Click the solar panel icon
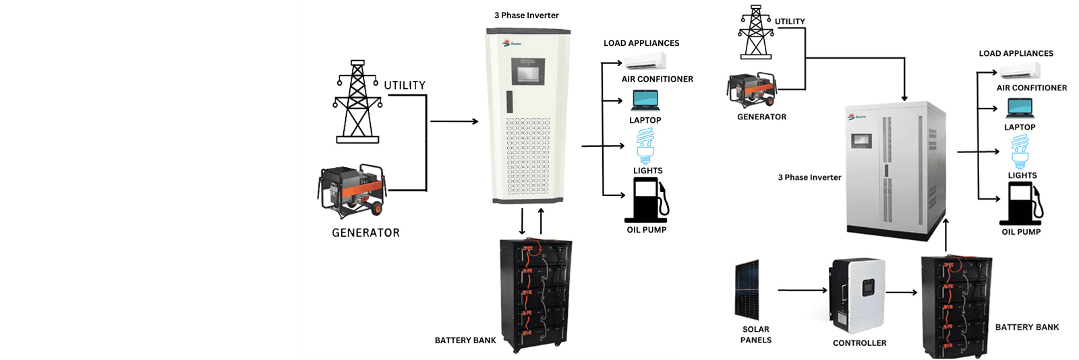point(747,290)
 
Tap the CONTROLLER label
point(859,343)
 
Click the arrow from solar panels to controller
point(803,291)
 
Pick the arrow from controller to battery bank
point(901,293)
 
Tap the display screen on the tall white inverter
point(527,71)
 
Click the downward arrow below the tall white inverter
point(522,222)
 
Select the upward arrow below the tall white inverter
point(541,222)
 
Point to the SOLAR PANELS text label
point(756,335)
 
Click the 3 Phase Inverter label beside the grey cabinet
point(809,177)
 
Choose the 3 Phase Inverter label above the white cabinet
point(526,16)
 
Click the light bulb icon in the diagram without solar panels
point(646,146)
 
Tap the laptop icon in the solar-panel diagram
point(1020,109)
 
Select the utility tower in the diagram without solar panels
point(357,102)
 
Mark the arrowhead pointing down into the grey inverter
point(904,98)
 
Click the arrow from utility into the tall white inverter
point(454,121)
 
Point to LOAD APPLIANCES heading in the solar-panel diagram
point(1016,53)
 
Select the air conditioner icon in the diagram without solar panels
point(645,62)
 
